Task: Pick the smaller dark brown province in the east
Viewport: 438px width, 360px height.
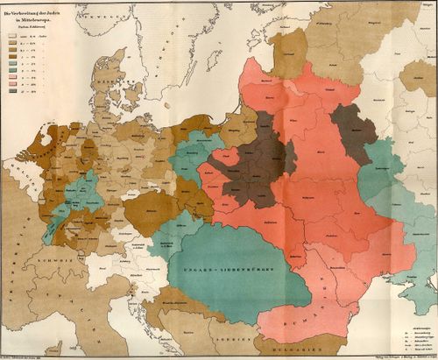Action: pyautogui.click(x=354, y=124)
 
